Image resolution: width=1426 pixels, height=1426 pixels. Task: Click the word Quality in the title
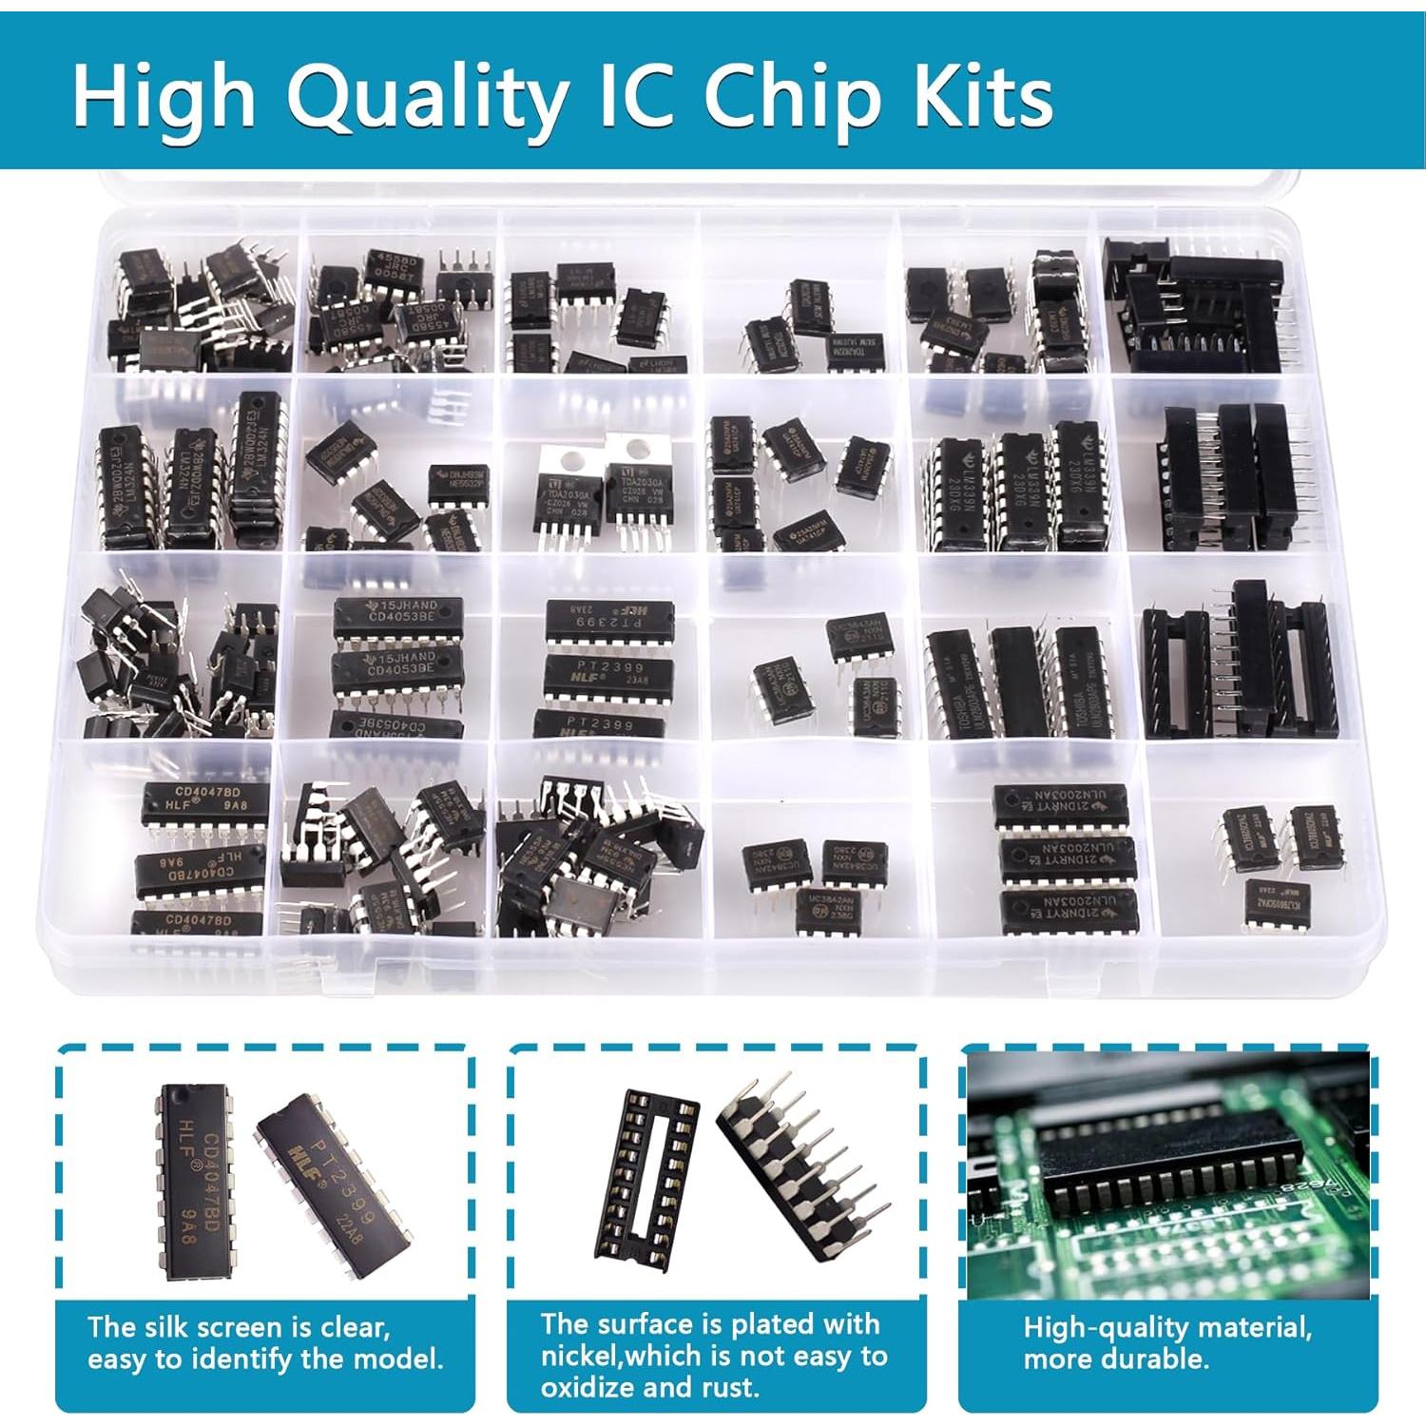[x=428, y=97]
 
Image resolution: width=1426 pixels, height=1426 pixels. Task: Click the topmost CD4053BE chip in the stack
[x=397, y=617]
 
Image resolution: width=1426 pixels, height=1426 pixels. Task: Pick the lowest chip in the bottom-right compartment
[x=1277, y=902]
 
